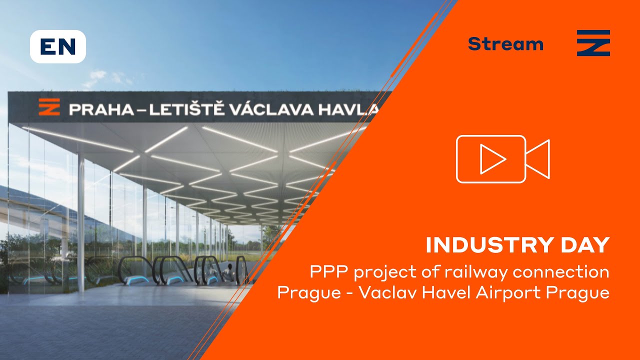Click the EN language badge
[58, 46]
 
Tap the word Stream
[505, 44]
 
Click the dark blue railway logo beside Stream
[593, 43]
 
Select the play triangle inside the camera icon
[492, 159]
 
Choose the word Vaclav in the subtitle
[385, 292]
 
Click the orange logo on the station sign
[48, 107]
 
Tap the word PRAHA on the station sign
[99, 109]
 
